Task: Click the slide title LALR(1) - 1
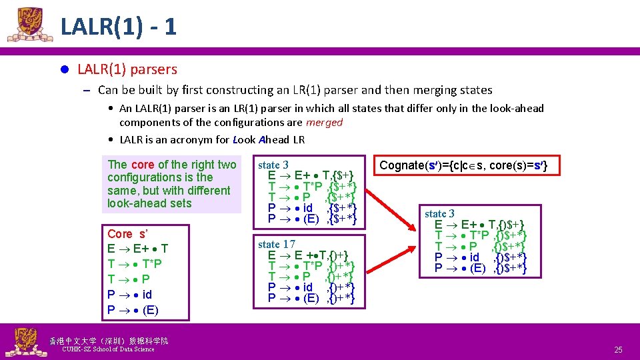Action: pos(118,26)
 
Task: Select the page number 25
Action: pos(618,350)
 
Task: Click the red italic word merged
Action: pos(324,122)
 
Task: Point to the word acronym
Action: pos(193,139)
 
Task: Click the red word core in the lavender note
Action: pos(143,165)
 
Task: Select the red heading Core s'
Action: pos(127,234)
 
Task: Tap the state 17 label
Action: pos(277,244)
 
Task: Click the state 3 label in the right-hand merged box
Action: pos(440,213)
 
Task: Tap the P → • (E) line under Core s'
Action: pos(133,309)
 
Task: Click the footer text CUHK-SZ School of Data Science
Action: pos(107,349)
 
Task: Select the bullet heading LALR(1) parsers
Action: pos(127,69)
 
